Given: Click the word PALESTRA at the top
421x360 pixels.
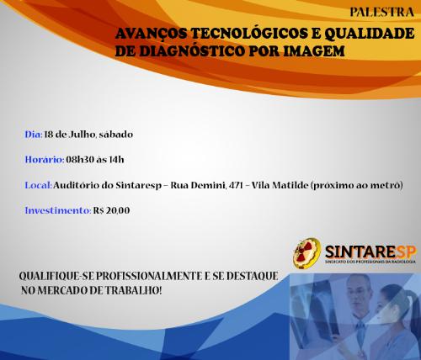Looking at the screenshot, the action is (x=381, y=12).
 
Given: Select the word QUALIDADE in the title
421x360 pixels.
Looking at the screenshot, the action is (x=370, y=34).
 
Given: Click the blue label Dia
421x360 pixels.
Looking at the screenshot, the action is (x=34, y=135).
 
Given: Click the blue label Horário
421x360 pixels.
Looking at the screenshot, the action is (x=45, y=160).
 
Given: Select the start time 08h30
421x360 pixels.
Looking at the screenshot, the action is (x=80, y=160).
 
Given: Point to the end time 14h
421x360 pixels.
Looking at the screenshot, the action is (x=116, y=160).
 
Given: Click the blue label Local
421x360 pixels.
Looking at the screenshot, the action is (x=38, y=185).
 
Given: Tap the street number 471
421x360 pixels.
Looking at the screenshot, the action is (x=236, y=185).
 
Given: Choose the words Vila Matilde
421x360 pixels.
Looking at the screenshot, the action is (x=280, y=185).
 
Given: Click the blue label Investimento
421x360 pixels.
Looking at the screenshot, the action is (x=58, y=210).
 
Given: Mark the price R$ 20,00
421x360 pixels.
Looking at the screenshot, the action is (x=111, y=210).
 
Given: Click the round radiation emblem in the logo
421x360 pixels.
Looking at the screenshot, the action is (x=306, y=253).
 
